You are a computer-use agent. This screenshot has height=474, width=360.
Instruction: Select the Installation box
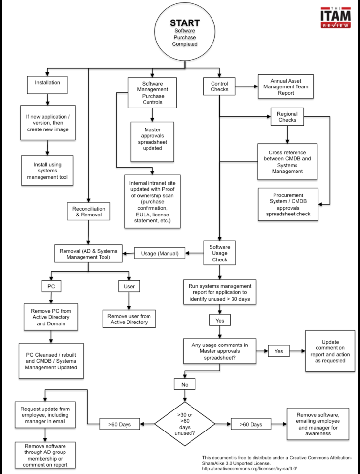point(47,83)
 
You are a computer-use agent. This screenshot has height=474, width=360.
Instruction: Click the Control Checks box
point(219,86)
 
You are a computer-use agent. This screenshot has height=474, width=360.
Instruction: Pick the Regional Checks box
point(287,117)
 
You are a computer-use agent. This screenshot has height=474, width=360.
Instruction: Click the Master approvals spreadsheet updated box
point(153,141)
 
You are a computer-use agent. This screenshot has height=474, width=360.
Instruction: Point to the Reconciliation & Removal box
point(88,212)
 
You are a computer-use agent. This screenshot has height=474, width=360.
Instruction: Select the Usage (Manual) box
point(159,253)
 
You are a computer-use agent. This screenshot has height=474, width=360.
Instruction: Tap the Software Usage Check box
point(219,253)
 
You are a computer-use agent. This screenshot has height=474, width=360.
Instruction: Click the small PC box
point(51,286)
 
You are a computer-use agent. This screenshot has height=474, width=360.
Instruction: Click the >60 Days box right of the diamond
point(253,424)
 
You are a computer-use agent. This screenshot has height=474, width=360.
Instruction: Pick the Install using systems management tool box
point(47,171)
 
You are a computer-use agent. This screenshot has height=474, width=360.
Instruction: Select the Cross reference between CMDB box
point(287,161)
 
